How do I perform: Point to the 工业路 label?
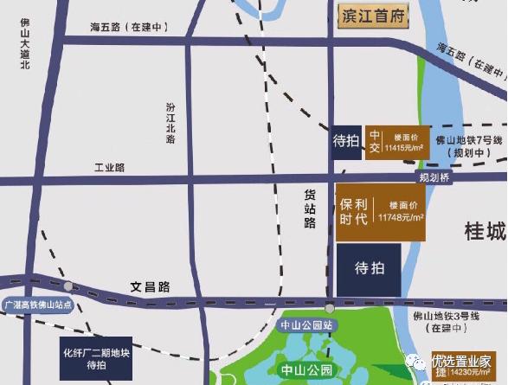[x=110, y=166]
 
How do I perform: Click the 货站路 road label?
[x=309, y=210]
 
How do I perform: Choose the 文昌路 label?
[x=151, y=286]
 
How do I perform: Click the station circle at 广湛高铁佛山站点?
[x=68, y=286]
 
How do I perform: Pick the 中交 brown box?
[x=375, y=141]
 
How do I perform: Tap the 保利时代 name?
[x=355, y=212]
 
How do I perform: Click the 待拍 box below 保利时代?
[x=368, y=269]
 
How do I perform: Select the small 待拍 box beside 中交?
[x=346, y=141]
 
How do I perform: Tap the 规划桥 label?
[x=435, y=177]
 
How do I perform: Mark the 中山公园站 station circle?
[x=329, y=307]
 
